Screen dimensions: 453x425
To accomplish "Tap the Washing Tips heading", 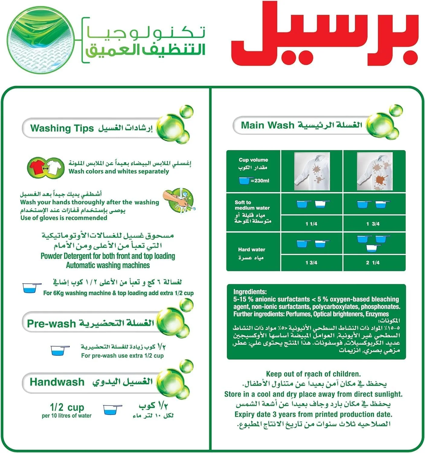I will click(x=62, y=128).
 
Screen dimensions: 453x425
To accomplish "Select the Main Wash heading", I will click(x=267, y=125).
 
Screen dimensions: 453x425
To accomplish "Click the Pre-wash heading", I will click(x=51, y=323).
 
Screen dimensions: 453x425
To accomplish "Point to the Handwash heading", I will click(x=57, y=382).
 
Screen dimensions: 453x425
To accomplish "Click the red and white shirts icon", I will click(x=46, y=167).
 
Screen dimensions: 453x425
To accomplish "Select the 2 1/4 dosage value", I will click(x=373, y=263).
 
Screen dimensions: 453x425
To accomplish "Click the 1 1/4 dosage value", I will click(x=311, y=224).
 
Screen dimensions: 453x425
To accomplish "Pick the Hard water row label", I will click(x=251, y=250).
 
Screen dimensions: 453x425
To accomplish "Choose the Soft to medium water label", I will click(x=252, y=205).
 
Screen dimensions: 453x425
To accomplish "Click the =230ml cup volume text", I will click(x=259, y=181).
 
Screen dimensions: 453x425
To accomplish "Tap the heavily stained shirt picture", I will click(x=375, y=171).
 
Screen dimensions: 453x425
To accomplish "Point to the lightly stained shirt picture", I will click(x=312, y=171).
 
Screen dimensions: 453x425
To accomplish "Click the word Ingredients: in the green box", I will click(x=250, y=292).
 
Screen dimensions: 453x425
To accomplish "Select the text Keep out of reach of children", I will click(x=313, y=374).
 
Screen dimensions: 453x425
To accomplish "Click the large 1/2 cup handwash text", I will click(x=67, y=407).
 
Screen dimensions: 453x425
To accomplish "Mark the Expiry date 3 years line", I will click(x=313, y=414).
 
